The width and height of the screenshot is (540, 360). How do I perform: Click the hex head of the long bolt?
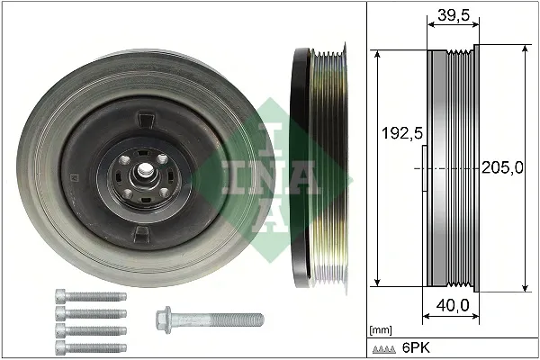pos(164,318)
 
